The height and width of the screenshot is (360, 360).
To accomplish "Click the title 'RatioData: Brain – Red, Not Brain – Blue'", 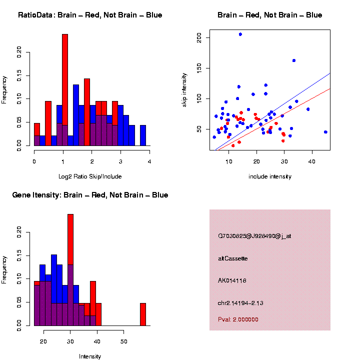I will pos(90,15).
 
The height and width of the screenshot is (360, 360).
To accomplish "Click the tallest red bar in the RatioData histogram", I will pos(65,90).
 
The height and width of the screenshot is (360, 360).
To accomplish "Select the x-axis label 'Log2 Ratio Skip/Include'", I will pos(89,176).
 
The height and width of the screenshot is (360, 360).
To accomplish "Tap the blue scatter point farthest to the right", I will pos(325,132).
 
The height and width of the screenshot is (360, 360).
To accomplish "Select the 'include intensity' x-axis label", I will pos(270,176).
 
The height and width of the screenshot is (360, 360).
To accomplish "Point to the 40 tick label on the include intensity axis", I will pos(312,161).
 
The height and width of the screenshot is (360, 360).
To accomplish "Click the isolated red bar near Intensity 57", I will pos(143,314).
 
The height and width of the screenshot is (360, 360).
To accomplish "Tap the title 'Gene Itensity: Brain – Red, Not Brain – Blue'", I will pos(90,195).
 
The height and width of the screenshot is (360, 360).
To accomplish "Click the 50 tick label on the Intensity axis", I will pos(123,341).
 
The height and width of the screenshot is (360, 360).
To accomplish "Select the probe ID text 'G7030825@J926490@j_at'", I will pos(254,236).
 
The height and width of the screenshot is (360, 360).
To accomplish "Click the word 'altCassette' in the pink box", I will pos(232,258).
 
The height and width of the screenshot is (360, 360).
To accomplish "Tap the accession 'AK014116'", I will pos(232,280).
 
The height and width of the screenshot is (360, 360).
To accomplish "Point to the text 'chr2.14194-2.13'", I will pos(240,303).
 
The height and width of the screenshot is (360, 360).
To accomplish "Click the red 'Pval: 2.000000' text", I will pos(238,319).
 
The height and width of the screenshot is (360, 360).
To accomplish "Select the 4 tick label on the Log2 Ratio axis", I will pos(149,161).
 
